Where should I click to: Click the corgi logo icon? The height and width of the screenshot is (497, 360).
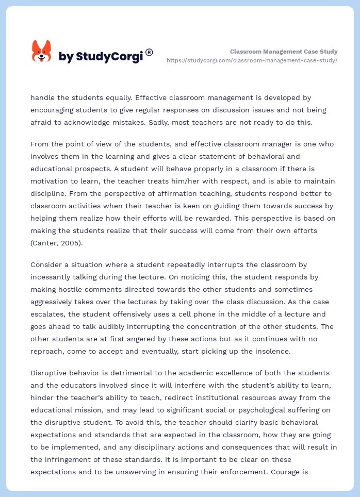click(x=42, y=52)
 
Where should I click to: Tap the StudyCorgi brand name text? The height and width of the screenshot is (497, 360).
click(x=100, y=57)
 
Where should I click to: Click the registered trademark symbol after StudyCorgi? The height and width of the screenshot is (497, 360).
click(x=149, y=52)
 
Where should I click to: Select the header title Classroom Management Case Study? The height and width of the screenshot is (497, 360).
click(x=284, y=52)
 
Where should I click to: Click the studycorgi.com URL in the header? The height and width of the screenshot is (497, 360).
click(x=252, y=60)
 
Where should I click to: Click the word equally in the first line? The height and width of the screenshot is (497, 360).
click(x=118, y=97)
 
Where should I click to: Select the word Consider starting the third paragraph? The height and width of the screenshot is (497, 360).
click(x=46, y=264)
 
